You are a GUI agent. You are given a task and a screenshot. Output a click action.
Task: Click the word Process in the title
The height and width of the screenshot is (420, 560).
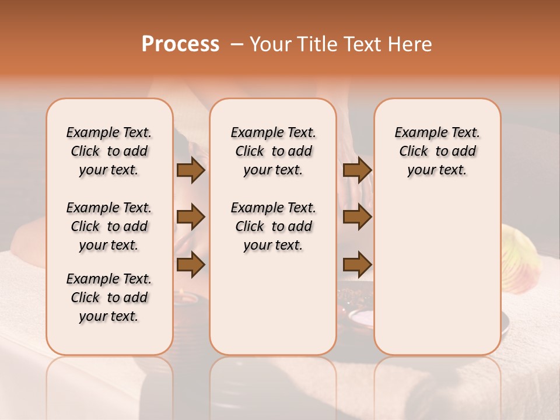pos(180,44)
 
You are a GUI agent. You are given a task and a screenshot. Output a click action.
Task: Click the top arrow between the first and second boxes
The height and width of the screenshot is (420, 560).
pos(191,170)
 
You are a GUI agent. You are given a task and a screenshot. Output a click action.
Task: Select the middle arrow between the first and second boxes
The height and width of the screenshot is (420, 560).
pos(191,217)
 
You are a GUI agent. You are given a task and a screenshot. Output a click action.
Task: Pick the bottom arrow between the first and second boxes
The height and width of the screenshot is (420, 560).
pos(191,264)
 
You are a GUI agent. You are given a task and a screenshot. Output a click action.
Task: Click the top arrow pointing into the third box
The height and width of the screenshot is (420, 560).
pos(357,170)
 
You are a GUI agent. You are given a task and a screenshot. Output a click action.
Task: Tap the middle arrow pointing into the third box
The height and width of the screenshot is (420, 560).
pos(357,217)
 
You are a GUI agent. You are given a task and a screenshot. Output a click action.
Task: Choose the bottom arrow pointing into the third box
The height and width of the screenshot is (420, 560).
pos(357,264)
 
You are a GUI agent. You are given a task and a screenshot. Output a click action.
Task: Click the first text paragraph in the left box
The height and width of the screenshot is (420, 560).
pos(109,151)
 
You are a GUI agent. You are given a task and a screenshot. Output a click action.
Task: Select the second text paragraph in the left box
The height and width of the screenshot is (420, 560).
pos(109,226)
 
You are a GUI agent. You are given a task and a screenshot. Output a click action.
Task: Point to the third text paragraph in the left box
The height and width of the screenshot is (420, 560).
pos(109,297)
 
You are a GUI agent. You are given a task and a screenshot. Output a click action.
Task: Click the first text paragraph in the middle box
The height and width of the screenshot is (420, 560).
pos(274,151)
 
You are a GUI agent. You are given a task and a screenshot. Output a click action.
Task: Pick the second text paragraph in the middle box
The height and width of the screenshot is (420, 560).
pos(274,226)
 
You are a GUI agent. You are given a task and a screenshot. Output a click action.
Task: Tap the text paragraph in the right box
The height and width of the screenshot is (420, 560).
pos(437,151)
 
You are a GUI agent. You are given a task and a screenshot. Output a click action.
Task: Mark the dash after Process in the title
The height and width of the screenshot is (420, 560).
pos(237,44)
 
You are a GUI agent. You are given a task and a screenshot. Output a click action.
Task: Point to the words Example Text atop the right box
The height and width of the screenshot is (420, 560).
pos(437,132)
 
